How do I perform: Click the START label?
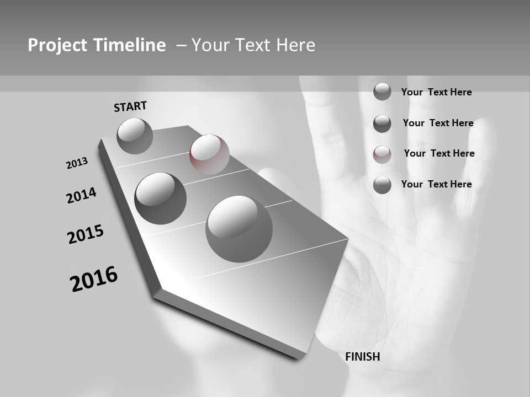click(130, 106)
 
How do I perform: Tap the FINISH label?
click(363, 356)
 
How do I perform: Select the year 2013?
click(77, 163)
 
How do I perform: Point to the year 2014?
click(82, 195)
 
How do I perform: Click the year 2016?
click(94, 279)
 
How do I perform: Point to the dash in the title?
click(181, 45)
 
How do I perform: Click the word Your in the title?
click(210, 45)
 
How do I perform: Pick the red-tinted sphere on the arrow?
click(209, 154)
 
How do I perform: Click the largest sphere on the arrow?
click(239, 229)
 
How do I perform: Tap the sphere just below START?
click(135, 136)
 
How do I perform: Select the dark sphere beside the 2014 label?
click(161, 198)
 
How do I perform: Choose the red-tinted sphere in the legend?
click(382, 154)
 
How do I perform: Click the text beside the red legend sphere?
click(439, 153)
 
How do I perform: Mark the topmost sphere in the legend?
click(382, 92)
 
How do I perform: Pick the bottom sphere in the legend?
click(382, 185)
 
